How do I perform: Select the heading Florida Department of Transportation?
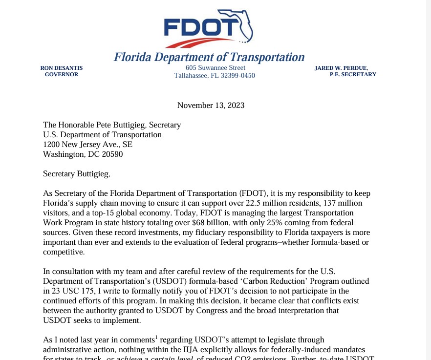[x=209, y=57]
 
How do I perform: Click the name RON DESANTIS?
[x=62, y=68]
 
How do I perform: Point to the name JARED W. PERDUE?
[x=341, y=68]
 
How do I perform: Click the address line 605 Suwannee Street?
[x=215, y=67]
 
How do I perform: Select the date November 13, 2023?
[x=211, y=105]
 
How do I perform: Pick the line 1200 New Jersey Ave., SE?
[x=87, y=145]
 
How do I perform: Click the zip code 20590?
[x=112, y=154]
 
